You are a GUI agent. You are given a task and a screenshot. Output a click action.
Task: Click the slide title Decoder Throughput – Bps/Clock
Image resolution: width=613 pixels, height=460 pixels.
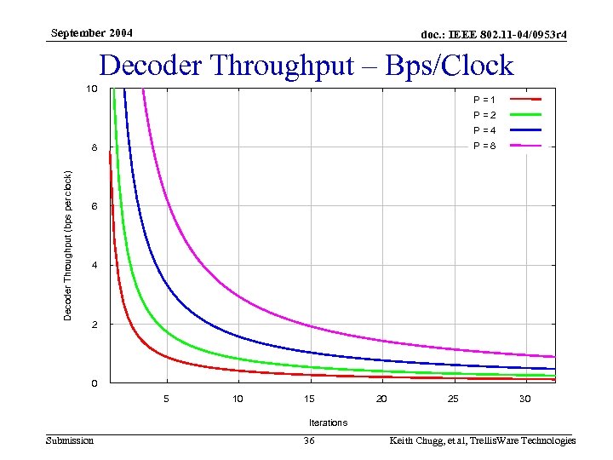click(x=306, y=66)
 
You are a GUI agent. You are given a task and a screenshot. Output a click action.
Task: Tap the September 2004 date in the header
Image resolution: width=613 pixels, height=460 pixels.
click(x=92, y=33)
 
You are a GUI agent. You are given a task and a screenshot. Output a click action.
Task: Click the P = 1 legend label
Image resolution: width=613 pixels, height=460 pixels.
click(x=484, y=100)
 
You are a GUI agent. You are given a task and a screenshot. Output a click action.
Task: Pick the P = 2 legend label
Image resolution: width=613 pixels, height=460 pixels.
click(x=484, y=115)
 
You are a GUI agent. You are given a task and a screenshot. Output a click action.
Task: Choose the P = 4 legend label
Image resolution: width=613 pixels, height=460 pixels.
click(x=484, y=130)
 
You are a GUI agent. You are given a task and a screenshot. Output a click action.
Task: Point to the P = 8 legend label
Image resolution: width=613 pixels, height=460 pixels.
click(x=484, y=146)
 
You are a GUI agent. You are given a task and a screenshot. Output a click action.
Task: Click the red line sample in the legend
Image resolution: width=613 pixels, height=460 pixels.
click(x=525, y=100)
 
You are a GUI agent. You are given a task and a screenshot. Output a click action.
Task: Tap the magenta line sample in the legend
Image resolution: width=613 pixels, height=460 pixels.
click(x=525, y=146)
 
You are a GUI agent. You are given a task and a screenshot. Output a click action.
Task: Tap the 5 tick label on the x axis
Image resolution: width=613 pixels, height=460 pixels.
click(x=167, y=399)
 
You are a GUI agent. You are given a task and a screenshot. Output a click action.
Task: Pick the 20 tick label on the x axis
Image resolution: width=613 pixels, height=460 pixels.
click(x=381, y=399)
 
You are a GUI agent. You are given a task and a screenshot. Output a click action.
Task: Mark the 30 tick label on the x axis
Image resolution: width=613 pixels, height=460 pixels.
click(x=524, y=399)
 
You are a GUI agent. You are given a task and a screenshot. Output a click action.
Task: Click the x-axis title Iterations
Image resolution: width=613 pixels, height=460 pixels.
click(x=328, y=423)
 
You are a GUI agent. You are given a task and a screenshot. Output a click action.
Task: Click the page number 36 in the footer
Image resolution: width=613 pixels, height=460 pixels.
click(x=309, y=440)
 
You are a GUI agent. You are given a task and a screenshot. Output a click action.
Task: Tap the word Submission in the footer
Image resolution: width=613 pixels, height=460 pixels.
click(x=70, y=440)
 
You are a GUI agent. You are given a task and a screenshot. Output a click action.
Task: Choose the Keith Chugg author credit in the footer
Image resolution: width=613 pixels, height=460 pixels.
click(x=482, y=440)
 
